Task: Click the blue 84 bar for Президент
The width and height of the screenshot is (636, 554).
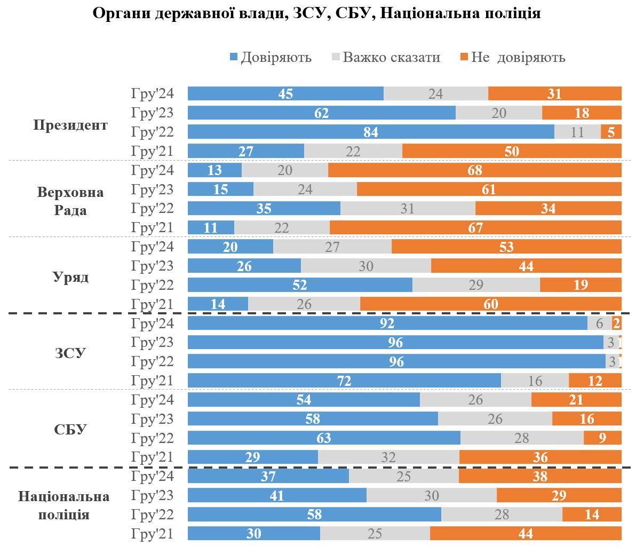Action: [371, 132]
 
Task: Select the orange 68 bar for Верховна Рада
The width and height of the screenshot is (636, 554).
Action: [474, 170]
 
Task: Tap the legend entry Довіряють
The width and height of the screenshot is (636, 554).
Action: [271, 57]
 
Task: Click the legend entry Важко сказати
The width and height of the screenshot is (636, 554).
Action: [386, 57]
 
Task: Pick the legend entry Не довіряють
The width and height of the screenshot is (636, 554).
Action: [512, 57]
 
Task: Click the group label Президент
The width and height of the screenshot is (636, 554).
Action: [70, 125]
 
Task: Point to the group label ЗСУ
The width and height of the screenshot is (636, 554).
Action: [70, 353]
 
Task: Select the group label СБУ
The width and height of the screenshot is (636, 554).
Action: [70, 430]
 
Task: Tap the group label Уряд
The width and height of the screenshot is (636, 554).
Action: [70, 277]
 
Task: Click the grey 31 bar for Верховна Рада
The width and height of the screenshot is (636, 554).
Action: [408, 208]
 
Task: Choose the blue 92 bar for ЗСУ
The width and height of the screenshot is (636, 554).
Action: [387, 323]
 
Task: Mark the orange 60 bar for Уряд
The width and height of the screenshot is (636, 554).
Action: [490, 304]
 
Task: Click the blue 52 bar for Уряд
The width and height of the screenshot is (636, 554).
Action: [300, 285]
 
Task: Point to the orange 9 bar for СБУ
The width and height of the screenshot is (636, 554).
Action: [602, 438]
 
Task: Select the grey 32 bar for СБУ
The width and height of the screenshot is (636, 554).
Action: [388, 457]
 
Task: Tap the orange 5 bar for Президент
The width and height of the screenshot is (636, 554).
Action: [611, 132]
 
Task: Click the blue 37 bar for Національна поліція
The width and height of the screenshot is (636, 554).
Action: [268, 476]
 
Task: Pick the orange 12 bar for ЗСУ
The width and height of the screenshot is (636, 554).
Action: [595, 381]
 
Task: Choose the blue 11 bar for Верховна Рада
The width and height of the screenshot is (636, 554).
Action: [211, 228]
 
